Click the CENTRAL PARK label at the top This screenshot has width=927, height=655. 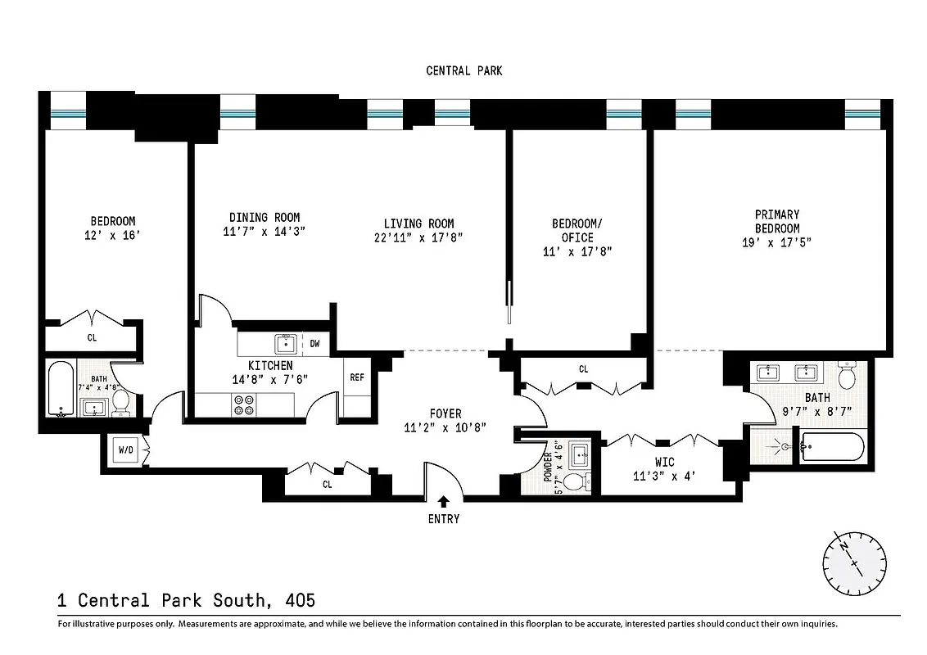pos(463,71)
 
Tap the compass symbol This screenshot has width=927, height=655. pos(853,563)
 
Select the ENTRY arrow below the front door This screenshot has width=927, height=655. pos(443,502)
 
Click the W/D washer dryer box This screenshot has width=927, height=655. pos(126,450)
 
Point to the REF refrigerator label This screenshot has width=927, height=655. pos(357,377)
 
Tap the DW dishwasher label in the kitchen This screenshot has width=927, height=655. pos(314,344)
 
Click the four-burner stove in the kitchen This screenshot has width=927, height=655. pos(243,404)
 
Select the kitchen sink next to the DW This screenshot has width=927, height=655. pos(284,343)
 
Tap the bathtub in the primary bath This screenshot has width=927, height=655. pos(831,447)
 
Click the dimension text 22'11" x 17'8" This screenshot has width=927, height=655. pos(418,238)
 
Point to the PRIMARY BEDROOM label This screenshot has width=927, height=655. pos(777,221)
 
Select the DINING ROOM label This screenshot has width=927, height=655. pos(259,217)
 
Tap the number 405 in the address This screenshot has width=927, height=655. pos(300,600)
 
